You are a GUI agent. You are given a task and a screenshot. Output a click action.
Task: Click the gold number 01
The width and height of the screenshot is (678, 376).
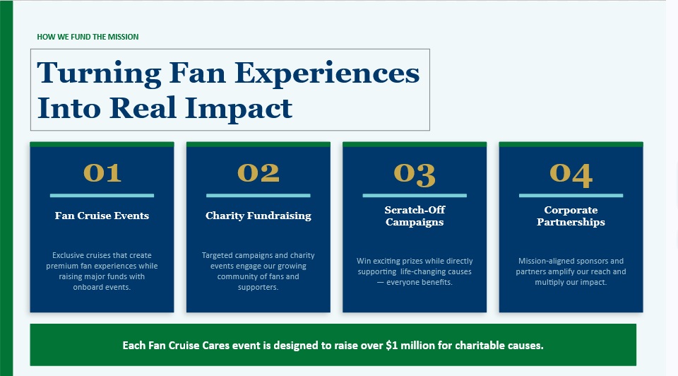pos(102,172)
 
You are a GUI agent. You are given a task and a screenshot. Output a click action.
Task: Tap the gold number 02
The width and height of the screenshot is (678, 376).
pos(258,172)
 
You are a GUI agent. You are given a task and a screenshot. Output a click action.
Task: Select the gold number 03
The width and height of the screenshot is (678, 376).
pos(415,175)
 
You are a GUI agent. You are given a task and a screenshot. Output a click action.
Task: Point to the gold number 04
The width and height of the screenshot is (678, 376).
pos(571,175)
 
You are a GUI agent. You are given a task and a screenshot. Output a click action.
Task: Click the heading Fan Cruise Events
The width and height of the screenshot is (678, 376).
pos(102,216)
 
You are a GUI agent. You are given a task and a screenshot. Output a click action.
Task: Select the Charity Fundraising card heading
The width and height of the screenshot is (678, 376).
pos(258,216)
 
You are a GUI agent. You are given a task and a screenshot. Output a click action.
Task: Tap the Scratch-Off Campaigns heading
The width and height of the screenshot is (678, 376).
pos(415,216)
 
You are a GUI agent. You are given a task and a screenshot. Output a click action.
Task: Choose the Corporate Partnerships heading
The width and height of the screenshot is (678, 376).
pos(571,216)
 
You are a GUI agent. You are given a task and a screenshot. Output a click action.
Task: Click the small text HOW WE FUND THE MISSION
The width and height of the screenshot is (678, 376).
pos(88,37)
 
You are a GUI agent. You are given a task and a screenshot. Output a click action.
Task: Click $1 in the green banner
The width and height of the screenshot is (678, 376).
pos(392,346)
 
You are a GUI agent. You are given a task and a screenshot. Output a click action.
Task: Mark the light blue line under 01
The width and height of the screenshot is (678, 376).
pos(102,196)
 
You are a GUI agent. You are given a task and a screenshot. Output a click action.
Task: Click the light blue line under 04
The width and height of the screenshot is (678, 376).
pos(571,196)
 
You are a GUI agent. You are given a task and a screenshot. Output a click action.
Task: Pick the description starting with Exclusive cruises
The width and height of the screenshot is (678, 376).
pos(102,271)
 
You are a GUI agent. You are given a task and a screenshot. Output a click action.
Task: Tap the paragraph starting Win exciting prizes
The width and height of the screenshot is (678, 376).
pos(415,271)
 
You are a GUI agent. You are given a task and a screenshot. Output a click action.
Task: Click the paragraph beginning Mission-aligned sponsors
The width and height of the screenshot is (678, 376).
pos(571,271)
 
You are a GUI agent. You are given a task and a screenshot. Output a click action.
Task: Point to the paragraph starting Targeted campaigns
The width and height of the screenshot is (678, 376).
pos(258,271)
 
